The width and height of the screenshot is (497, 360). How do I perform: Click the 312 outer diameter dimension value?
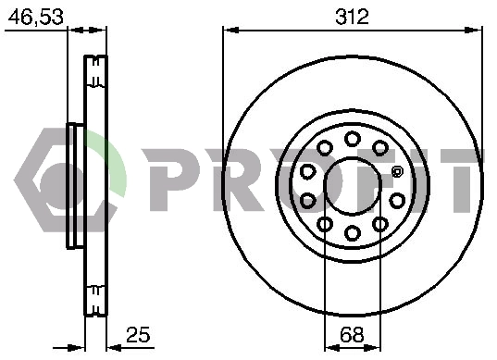click(x=352, y=17)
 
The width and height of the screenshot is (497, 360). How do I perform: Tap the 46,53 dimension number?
click(x=35, y=17)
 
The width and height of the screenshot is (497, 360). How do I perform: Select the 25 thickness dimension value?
click(x=138, y=335)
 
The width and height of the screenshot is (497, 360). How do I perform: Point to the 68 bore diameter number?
click(x=352, y=335)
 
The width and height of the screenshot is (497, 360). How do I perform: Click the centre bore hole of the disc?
click(x=353, y=186)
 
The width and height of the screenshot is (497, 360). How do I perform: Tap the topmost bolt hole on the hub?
click(x=353, y=139)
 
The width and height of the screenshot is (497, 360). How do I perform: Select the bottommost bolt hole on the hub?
click(x=353, y=233)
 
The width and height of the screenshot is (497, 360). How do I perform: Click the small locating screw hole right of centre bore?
click(x=396, y=172)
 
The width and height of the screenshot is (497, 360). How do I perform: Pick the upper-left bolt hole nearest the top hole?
click(x=325, y=148)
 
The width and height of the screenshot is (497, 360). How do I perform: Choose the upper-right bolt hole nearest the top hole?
click(x=380, y=148)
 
